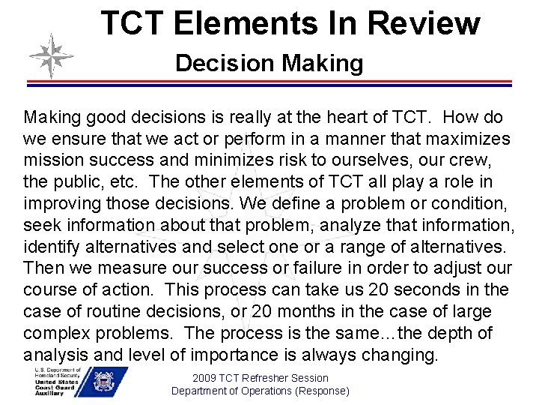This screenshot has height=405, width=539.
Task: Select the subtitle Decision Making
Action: (269, 63)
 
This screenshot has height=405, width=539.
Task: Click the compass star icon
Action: (51, 56)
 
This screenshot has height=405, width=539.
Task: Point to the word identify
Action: (49, 247)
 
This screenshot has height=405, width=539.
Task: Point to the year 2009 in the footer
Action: (205, 378)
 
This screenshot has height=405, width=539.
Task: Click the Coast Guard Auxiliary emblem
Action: (108, 382)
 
